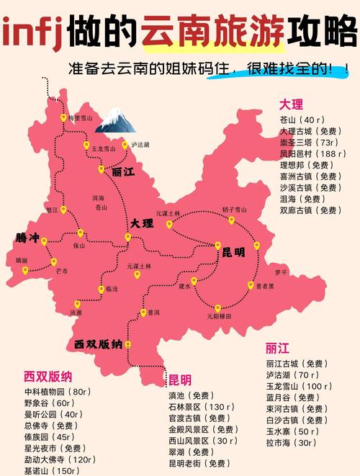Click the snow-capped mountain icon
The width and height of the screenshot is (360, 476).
point(115,120)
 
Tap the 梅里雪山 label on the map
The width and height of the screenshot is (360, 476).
point(81,117)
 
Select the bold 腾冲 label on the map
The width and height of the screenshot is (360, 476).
point(29,237)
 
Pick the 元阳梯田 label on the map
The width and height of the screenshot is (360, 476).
point(219,315)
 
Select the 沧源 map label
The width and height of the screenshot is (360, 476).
point(76,313)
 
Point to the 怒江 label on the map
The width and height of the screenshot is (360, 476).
point(51,210)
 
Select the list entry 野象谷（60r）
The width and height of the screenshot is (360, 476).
point(49,403)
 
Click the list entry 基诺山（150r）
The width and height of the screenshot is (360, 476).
point(52,470)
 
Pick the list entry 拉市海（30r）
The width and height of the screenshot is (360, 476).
point(290,442)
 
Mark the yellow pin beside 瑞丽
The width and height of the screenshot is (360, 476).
point(25,271)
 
